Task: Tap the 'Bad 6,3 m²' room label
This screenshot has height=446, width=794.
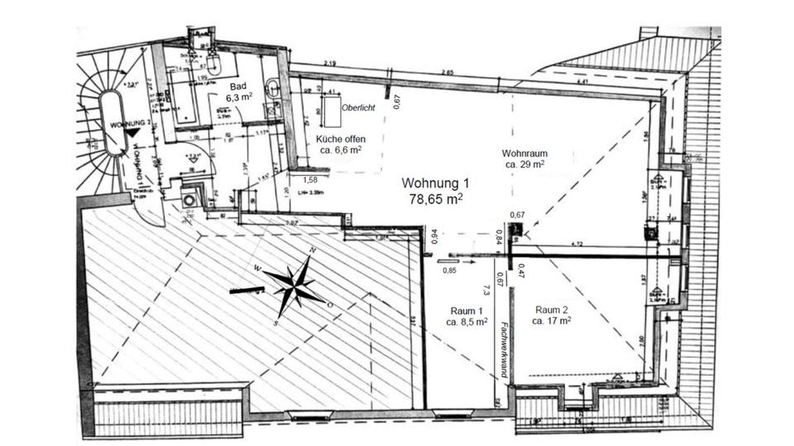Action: pyautogui.click(x=240, y=93)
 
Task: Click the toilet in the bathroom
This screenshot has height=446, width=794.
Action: pyautogui.click(x=213, y=63)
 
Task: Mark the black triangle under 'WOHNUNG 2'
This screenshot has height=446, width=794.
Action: pyautogui.click(x=132, y=132)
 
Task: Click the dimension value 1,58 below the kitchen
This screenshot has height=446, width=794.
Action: pyautogui.click(x=311, y=179)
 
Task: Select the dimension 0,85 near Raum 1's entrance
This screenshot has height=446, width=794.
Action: pyautogui.click(x=450, y=269)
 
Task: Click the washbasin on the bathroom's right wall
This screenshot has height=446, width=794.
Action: pyautogui.click(x=274, y=88)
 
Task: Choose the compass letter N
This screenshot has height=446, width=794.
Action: pyautogui.click(x=312, y=251)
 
